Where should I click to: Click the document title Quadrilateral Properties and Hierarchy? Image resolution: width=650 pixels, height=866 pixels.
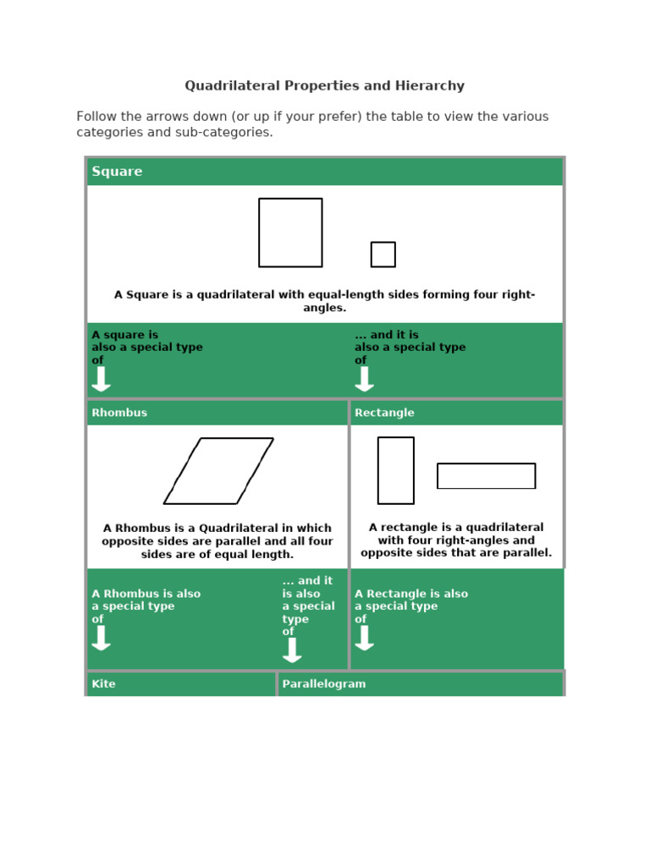[324, 86]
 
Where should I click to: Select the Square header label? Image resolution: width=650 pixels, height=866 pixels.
[117, 172]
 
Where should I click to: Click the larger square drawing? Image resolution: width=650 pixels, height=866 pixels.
[290, 233]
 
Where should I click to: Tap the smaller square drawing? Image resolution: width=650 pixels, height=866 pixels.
[383, 255]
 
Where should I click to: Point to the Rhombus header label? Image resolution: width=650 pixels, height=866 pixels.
[119, 413]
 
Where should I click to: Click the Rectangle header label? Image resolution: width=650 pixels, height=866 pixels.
[384, 413]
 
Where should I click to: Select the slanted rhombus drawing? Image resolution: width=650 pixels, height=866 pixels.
[218, 471]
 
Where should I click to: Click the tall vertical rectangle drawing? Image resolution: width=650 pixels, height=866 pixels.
[395, 470]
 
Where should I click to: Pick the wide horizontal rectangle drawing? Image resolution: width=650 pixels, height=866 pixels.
[486, 476]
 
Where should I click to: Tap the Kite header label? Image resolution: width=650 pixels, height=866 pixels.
[103, 683]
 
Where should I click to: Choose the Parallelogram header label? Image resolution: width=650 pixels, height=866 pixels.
[324, 683]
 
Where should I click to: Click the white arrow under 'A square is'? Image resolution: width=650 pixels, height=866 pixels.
[101, 379]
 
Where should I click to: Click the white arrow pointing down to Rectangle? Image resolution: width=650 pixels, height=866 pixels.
[364, 379]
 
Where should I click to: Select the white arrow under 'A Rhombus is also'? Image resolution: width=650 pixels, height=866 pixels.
[101, 638]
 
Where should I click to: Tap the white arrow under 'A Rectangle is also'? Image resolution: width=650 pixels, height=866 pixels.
[364, 638]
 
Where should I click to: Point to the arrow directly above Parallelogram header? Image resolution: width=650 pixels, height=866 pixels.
[292, 649]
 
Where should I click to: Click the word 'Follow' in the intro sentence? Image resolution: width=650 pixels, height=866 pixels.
[95, 117]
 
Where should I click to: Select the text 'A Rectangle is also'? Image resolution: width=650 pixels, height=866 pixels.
[410, 594]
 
